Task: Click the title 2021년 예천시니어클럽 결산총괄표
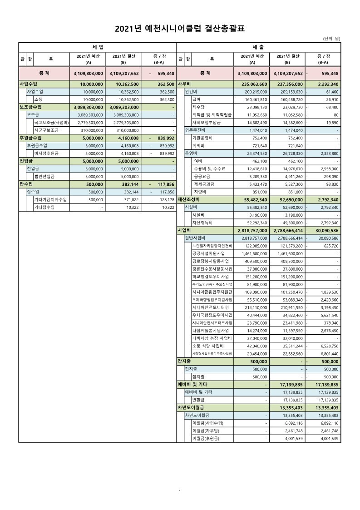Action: [x=180, y=29]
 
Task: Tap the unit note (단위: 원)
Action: [x=331, y=39]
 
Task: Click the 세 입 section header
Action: [x=97, y=47]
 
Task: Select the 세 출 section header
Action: [x=258, y=47]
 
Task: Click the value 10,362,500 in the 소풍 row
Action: [x=129, y=99]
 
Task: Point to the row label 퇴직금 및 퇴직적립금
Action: [x=212, y=115]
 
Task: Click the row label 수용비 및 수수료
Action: [x=209, y=168]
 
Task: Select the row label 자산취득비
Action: [x=202, y=223]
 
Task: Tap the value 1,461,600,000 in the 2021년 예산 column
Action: [x=252, y=253]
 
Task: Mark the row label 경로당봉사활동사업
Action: [x=211, y=261]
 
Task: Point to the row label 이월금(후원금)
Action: [x=206, y=438]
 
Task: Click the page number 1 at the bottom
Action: [x=180, y=492]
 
